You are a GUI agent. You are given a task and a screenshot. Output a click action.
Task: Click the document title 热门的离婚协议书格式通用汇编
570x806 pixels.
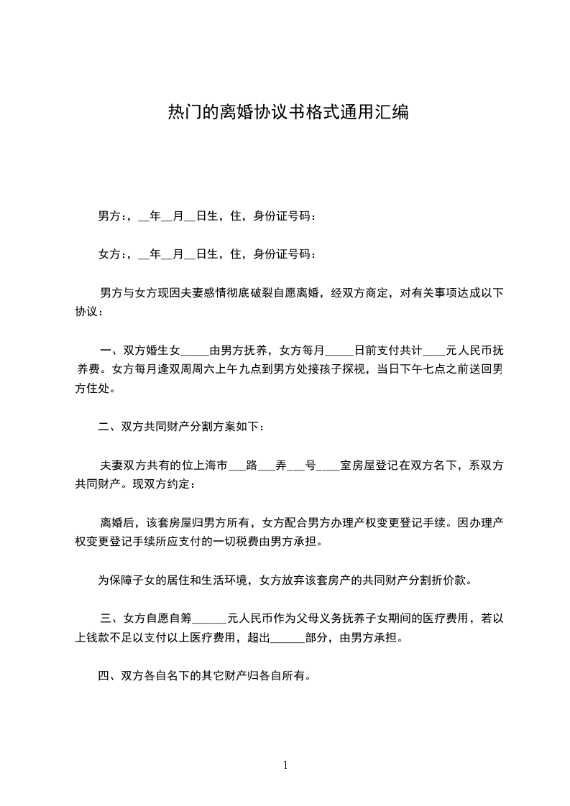point(288,112)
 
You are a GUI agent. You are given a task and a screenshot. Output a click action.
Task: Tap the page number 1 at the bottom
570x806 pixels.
point(285,765)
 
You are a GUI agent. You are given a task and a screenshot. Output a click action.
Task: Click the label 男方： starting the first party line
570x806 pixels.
point(113,216)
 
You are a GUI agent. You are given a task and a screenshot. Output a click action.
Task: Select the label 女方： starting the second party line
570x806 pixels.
point(113,254)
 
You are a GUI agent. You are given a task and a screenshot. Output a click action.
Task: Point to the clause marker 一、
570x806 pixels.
point(111,351)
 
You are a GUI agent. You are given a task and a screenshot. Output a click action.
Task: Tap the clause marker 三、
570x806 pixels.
point(111,618)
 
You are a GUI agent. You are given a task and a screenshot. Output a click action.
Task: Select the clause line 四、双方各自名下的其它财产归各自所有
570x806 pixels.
point(204,676)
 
